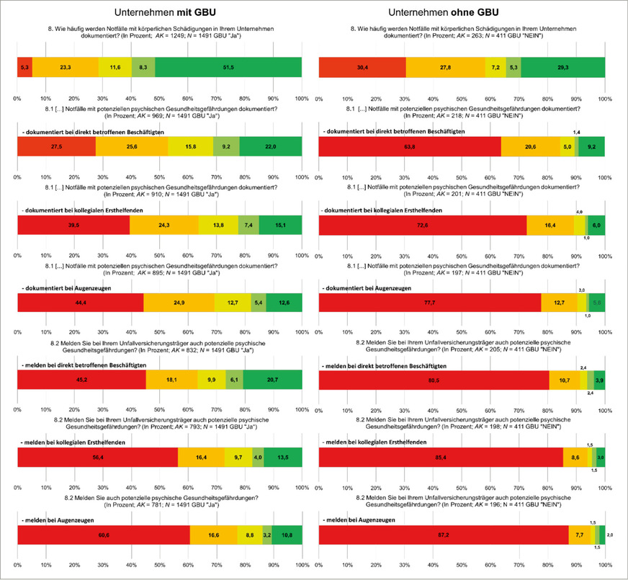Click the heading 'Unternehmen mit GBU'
(x=159, y=12)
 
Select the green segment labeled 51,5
(x=228, y=66)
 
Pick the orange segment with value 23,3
(x=66, y=66)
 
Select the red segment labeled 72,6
(x=422, y=226)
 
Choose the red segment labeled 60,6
(x=103, y=534)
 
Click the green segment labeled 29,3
(x=562, y=66)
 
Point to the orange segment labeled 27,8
(x=445, y=66)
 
